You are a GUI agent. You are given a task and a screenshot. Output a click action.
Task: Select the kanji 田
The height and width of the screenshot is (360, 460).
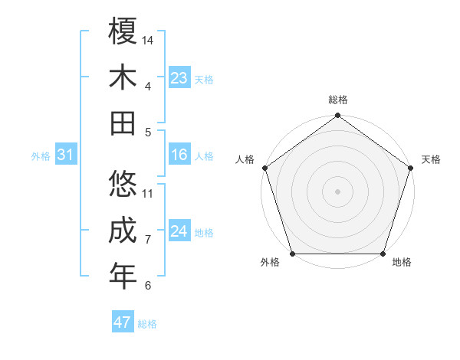pos(123,123)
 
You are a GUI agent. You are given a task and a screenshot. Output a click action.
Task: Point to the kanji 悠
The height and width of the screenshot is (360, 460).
pos(123,185)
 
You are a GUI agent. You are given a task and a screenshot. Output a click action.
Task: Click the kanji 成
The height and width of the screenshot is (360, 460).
pos(123,231)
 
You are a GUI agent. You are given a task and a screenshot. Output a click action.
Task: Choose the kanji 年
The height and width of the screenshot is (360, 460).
pos(123,277)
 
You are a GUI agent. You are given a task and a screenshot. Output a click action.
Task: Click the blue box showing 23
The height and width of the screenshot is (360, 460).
pos(179,78)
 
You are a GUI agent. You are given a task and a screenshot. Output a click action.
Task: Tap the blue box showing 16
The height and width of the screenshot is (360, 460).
pos(179,155)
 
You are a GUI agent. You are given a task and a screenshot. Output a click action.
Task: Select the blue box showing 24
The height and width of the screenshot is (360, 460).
pos(179,232)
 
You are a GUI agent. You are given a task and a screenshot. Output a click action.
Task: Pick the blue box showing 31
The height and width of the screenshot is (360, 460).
pos(66,155)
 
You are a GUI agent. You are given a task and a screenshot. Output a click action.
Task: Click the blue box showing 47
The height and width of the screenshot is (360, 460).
pos(123,322)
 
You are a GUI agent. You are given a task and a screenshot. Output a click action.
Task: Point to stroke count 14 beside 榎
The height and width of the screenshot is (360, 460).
pos(148,40)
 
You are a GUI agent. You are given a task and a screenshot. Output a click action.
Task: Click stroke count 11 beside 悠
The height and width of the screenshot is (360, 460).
pos(148,193)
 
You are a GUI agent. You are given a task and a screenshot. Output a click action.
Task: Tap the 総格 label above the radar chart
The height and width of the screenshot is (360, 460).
pos(337,100)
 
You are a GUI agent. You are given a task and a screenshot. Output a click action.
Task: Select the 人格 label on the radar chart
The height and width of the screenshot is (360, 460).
pos(246,159)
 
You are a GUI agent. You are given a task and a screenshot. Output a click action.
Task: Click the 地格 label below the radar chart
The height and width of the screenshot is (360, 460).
pos(401,263)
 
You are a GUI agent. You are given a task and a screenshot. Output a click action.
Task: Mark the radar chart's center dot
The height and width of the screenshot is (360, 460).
pos(337,191)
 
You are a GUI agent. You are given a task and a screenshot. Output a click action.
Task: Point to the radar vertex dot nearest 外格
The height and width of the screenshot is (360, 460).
pos(293,254)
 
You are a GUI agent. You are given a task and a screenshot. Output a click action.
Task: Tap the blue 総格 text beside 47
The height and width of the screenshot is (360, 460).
pos(147,324)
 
